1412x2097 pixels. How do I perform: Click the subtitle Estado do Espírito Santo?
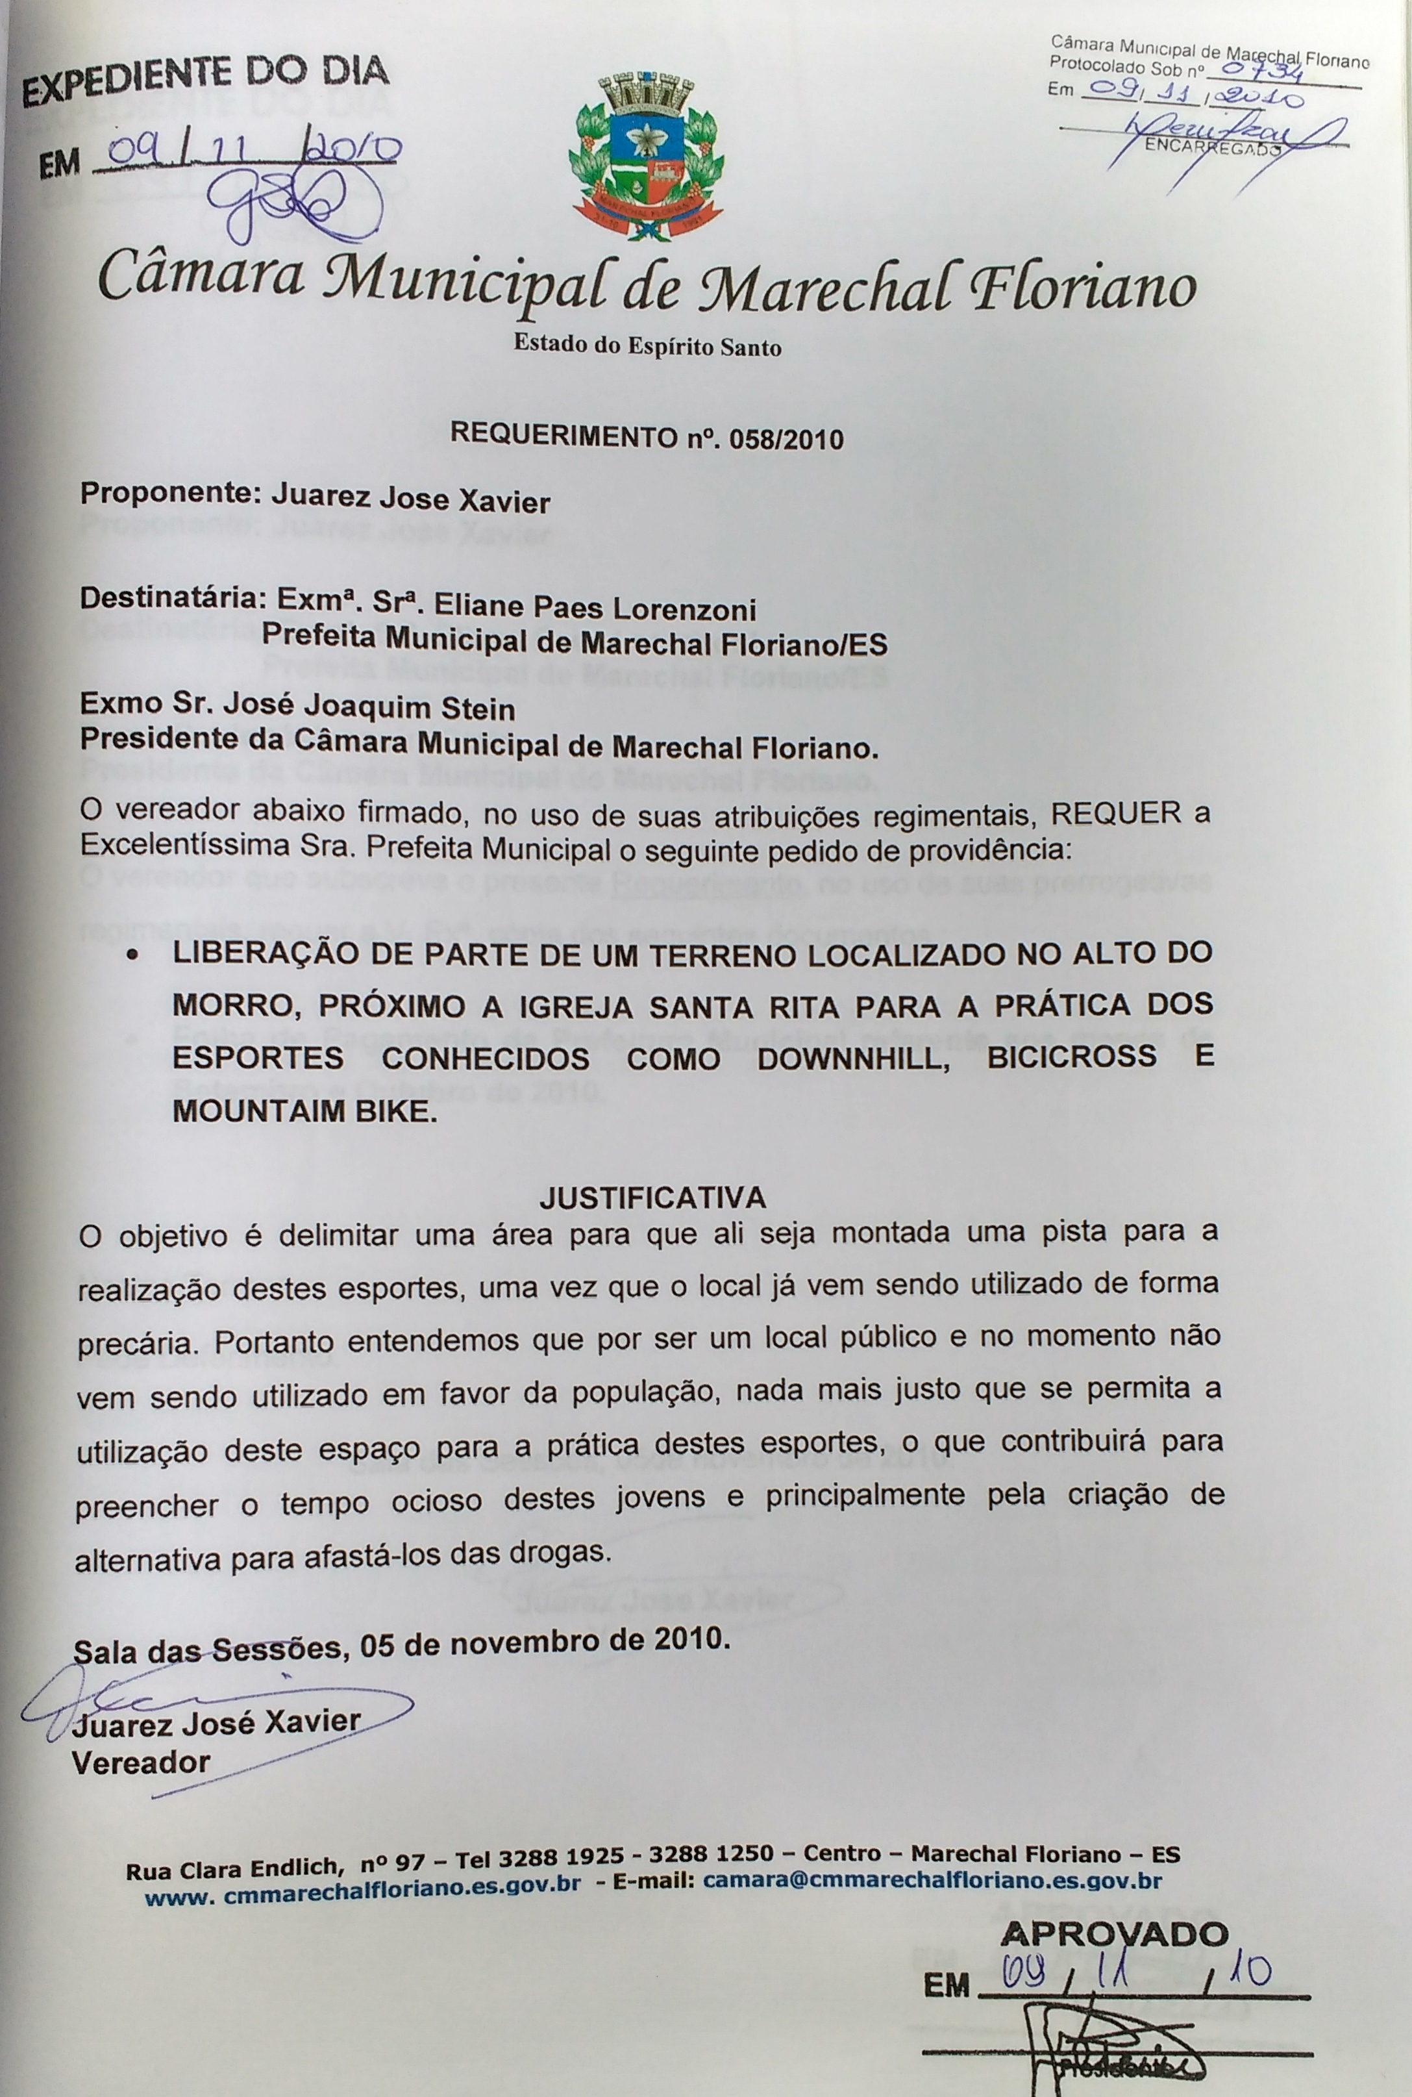pos(647,346)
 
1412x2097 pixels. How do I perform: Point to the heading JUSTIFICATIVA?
pos(653,1197)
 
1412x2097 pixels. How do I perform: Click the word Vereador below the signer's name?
pos(142,1762)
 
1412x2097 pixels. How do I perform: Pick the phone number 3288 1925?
pos(561,1857)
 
